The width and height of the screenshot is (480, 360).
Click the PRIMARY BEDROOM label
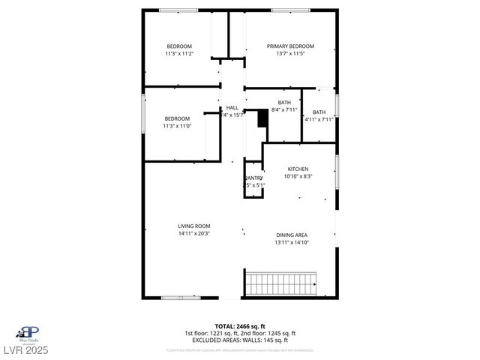290,46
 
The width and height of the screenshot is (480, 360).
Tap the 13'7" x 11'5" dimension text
290,54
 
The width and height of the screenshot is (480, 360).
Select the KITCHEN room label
298,169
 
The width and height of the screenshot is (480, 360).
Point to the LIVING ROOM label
193,226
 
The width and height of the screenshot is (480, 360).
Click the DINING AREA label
292,235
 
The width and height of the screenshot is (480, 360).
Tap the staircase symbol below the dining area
280,285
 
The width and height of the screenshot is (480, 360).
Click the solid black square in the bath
262,118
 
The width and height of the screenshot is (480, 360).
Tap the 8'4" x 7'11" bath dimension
284,110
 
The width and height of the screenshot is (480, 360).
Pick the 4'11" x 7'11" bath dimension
319,119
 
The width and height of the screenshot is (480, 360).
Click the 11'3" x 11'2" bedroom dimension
179,54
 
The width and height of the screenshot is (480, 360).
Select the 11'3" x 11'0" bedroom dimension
178,126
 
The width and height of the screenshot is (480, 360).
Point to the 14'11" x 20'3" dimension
193,233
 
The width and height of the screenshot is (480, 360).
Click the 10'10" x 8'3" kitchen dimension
298,177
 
